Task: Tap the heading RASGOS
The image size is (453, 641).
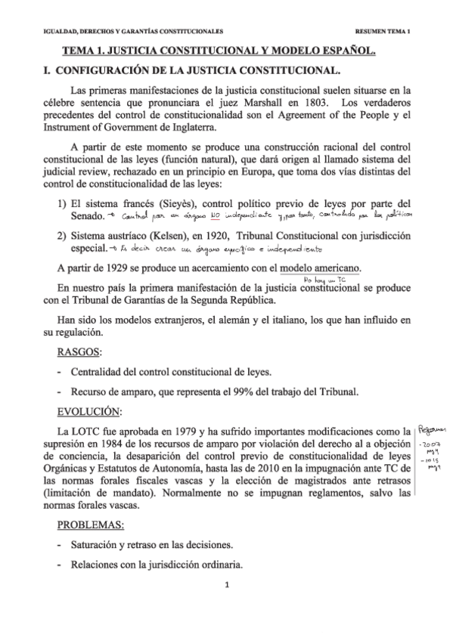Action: [x=81, y=352]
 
